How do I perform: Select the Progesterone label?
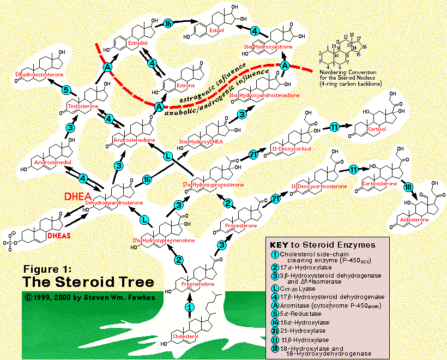pos(234,224)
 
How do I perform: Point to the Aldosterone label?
pos(415,220)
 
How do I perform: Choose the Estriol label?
pos(216,31)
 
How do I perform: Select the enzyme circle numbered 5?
pos(65,91)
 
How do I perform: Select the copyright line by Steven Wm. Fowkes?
pos(82,297)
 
